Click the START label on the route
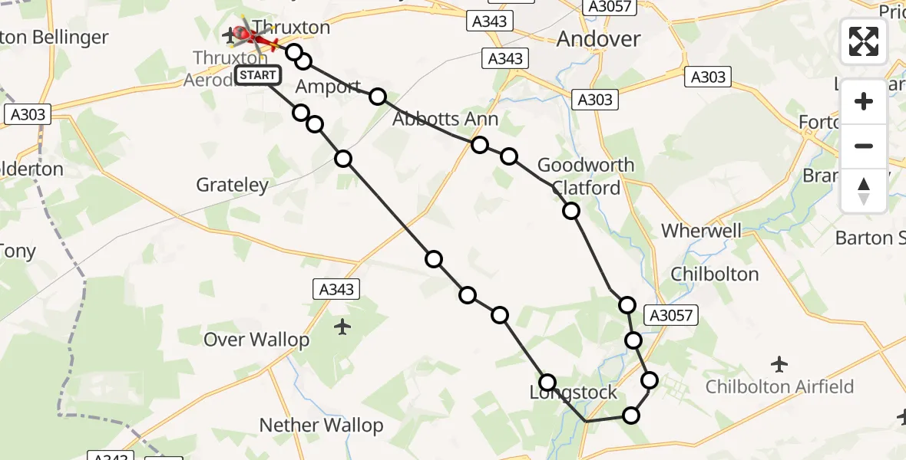(258, 75)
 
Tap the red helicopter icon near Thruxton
(244, 34)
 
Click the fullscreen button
(864, 41)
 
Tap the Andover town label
(598, 38)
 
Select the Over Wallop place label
(256, 340)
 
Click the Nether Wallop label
(321, 425)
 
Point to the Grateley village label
(233, 185)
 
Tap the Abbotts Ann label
(445, 119)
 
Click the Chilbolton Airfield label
(779, 386)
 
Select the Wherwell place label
(702, 231)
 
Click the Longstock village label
(574, 393)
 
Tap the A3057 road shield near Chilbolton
(671, 314)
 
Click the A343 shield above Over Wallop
(336, 288)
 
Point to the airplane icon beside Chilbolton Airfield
(780, 363)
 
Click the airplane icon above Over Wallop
(342, 327)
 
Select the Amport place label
(328, 87)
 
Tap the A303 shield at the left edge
(28, 115)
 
